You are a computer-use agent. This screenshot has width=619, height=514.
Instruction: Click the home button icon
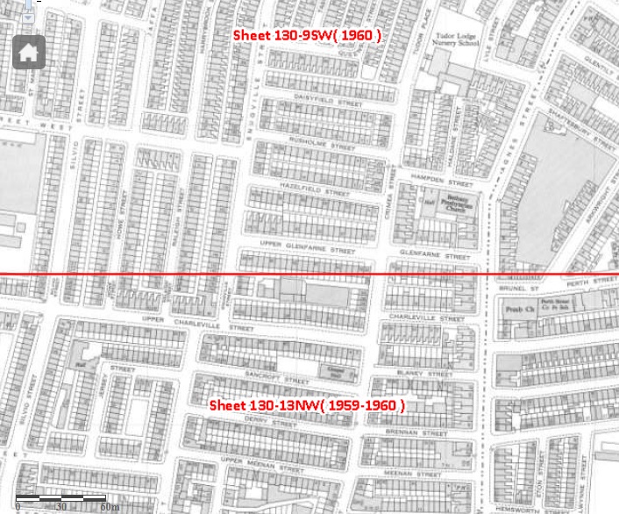tap(28, 52)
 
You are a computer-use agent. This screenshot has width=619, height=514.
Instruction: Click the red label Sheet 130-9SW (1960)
tap(307, 35)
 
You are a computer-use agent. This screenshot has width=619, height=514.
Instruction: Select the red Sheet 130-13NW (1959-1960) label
tap(306, 406)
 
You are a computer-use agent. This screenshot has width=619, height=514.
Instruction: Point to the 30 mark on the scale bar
tap(61, 506)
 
